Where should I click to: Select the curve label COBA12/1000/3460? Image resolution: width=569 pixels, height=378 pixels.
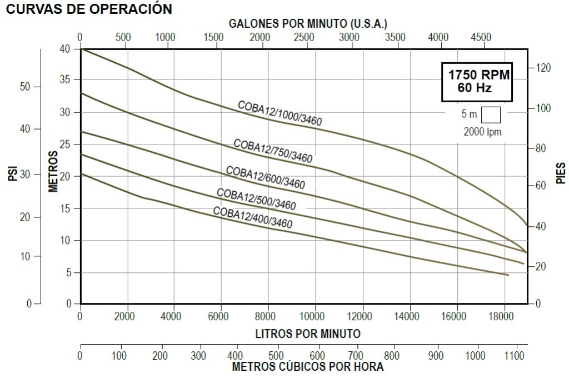pos(279,113)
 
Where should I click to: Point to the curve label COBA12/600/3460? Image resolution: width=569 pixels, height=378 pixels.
pos(265,177)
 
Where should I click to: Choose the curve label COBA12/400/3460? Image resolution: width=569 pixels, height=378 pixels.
pos(252,217)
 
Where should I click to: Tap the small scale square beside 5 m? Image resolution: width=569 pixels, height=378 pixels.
pos(491,115)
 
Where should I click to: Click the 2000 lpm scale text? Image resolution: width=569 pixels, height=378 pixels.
pos(482,132)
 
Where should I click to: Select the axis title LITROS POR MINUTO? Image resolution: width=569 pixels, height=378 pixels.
pos(308,334)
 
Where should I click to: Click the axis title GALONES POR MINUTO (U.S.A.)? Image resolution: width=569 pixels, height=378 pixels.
pos(308,23)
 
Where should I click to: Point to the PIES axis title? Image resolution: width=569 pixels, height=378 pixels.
pos(561,173)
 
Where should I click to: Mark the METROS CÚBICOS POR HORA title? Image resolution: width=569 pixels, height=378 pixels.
pos(307,367)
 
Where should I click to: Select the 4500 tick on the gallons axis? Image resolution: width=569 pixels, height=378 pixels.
pos(481,37)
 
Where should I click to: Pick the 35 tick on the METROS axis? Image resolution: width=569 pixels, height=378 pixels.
pos(66,80)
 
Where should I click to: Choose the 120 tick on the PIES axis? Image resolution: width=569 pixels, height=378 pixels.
pos(543,68)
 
